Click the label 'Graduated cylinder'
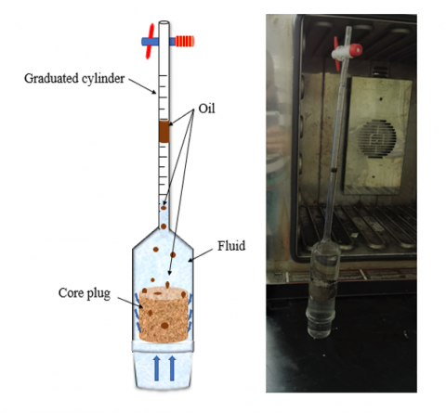pos(74,79)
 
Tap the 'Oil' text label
pos(206,109)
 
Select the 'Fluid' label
pos(231,246)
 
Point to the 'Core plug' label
pos(85,293)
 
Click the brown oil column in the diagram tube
pos(164,132)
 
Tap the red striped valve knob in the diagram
pos(185,41)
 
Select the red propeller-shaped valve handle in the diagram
pos(151,41)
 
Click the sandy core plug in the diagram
pos(164,315)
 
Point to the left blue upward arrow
pos(157,368)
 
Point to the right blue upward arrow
pos(172,368)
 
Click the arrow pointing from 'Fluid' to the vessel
pos(201,255)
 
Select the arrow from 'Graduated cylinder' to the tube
pos(142,85)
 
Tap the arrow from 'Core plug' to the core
pos(130,303)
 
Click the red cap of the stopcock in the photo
pos(356,49)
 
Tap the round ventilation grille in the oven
pos(376,138)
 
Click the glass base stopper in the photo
pos(321,322)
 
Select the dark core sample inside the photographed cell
pos(324,290)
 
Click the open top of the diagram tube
pos(164,22)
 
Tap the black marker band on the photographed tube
pos(334,170)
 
